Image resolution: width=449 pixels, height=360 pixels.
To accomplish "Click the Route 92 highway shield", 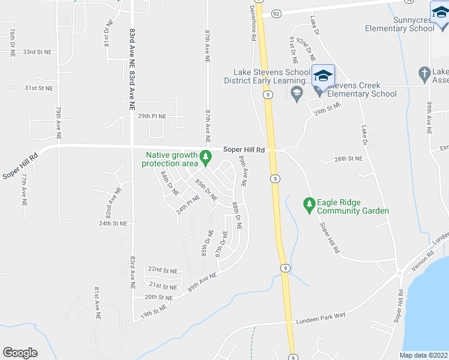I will (x=276, y=12).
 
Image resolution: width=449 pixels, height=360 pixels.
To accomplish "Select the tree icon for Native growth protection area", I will (x=206, y=157).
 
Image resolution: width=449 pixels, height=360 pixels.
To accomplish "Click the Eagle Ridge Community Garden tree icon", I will (x=309, y=205).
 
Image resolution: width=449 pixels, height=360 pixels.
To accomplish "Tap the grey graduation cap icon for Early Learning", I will (x=295, y=93).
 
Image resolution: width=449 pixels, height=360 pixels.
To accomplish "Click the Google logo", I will (x=20, y=353).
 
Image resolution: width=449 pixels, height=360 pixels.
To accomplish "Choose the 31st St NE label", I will (x=38, y=88).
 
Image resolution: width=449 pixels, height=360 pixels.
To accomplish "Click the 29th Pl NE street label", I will (x=152, y=116).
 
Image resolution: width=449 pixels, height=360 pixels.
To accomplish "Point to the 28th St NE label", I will (x=349, y=158).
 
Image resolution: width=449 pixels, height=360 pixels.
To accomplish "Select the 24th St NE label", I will (x=113, y=223).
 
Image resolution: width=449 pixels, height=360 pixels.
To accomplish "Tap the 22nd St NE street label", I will (x=163, y=270).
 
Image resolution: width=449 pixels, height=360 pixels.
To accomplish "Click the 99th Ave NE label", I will (x=429, y=117).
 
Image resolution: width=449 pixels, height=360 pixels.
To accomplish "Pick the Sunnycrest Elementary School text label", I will (x=400, y=24).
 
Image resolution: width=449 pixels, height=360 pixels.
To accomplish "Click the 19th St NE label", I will (x=154, y=311).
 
